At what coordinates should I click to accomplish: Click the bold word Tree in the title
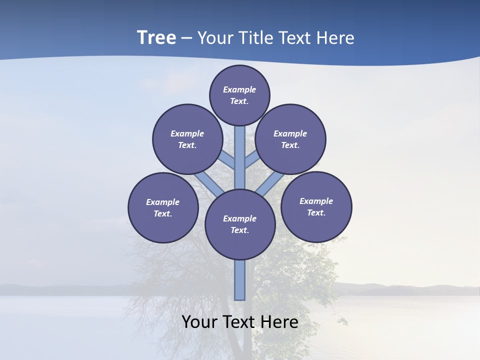click(x=156, y=37)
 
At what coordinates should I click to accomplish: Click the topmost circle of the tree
click(x=239, y=95)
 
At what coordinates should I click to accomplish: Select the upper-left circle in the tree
click(x=187, y=139)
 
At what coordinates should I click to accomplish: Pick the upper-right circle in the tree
click(x=290, y=139)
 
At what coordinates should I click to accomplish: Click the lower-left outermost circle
click(x=163, y=207)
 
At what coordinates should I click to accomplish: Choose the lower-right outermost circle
click(x=316, y=206)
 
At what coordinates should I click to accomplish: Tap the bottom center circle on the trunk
click(x=240, y=224)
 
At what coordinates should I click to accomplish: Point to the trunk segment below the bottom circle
click(x=240, y=280)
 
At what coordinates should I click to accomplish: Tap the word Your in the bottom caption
click(x=199, y=322)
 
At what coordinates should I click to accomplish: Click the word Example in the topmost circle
click(x=239, y=89)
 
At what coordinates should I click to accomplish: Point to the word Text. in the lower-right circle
click(x=316, y=212)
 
